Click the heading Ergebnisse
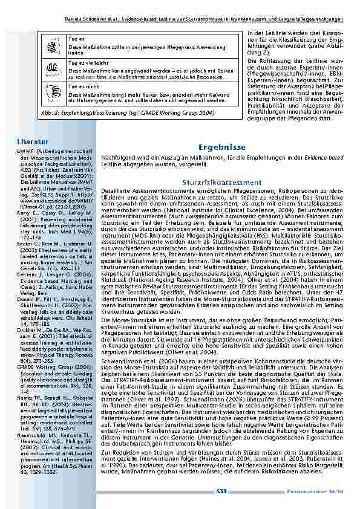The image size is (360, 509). coord(221,147)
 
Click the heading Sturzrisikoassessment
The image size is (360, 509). coord(221,182)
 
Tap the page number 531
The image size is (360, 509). coord(221,493)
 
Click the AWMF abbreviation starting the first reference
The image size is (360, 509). coord(26,151)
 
